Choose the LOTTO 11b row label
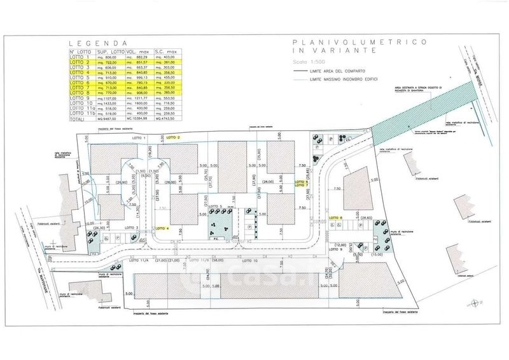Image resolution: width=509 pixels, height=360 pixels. (80, 113)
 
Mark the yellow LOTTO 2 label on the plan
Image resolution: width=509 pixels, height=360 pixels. (174, 137)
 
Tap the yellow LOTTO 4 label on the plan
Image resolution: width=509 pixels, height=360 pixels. (164, 228)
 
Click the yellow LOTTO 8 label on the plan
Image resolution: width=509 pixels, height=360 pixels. (336, 218)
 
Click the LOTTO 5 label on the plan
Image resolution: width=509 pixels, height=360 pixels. (214, 207)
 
